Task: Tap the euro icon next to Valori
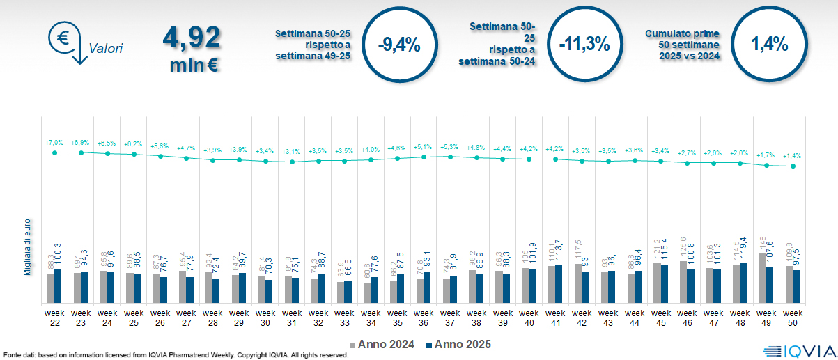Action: tap(63, 40)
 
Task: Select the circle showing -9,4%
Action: tap(398, 45)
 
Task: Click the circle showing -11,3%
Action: tap(584, 45)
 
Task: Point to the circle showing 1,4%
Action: tap(769, 45)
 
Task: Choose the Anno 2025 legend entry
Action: tap(458, 344)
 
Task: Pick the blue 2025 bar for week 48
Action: tap(743, 283)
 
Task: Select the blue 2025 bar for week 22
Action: tap(58, 286)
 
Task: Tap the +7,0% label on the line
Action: tap(54, 142)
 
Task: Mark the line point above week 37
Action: tap(451, 157)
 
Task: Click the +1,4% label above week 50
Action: tap(793, 156)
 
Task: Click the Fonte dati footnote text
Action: tap(174, 355)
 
